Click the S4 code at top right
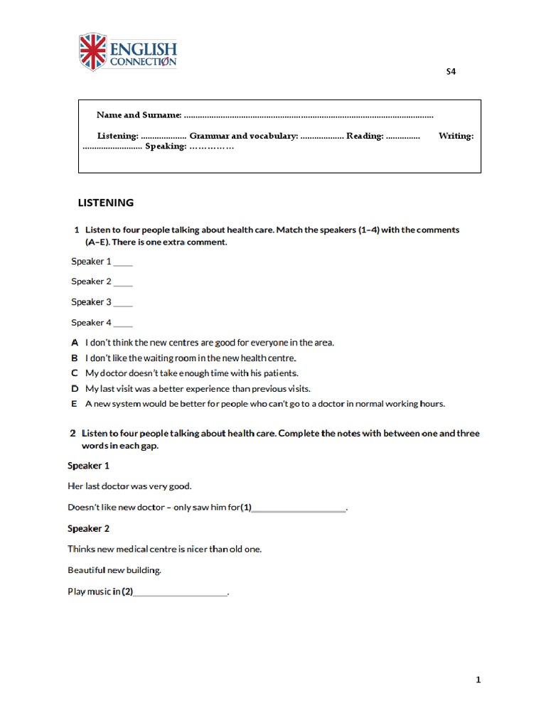451,72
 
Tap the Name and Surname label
139,115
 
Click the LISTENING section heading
105,203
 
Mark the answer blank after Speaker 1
123,262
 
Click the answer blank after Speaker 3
123,303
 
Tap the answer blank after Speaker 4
123,323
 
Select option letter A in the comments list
75,343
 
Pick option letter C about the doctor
75,373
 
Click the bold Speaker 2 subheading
88,529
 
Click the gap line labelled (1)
299,508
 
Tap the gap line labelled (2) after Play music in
181,592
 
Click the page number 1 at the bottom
478,680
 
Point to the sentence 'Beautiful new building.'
114,570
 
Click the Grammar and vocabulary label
243,136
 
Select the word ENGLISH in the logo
143,49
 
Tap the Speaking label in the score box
166,146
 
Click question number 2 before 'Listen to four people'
73,433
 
